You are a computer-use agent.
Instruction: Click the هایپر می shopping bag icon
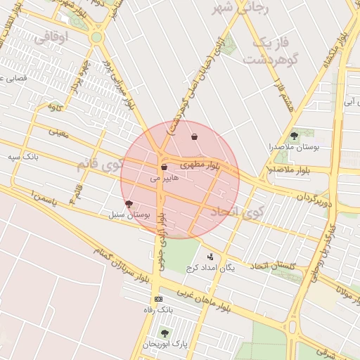(x=164, y=167)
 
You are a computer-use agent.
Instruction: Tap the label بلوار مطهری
(x=200, y=165)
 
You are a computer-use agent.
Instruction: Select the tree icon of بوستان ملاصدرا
(x=294, y=136)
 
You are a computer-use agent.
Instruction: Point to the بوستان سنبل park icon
(x=129, y=204)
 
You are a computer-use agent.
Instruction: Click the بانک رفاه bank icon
(x=157, y=299)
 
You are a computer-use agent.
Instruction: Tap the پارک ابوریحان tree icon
(x=165, y=333)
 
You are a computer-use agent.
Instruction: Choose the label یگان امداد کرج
(x=210, y=268)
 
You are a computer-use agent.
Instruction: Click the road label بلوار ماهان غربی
(x=203, y=300)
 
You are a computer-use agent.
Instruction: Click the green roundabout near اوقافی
(x=96, y=37)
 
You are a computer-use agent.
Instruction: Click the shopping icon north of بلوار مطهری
(x=194, y=136)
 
